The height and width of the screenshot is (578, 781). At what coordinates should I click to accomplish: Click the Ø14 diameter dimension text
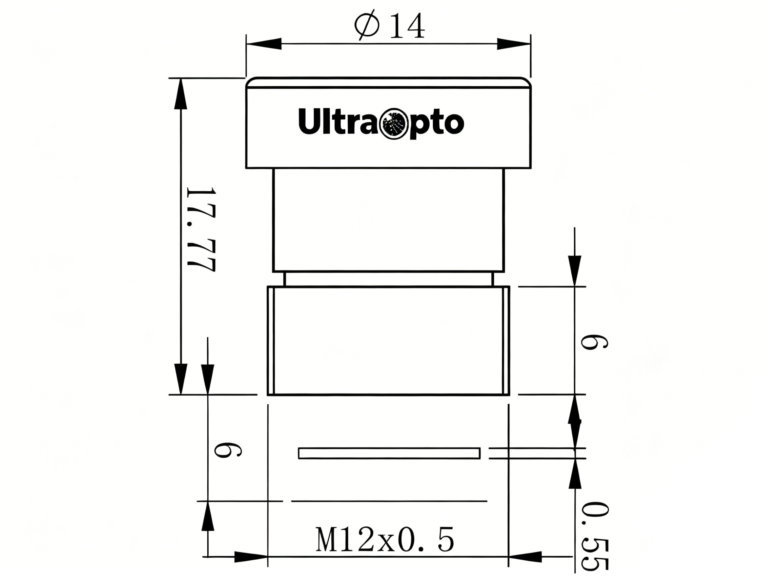tap(390, 26)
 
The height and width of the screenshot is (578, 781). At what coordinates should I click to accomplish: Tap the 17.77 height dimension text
tap(200, 229)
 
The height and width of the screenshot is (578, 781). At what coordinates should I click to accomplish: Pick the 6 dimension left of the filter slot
tap(227, 450)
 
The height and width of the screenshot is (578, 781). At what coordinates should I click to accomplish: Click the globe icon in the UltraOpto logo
tap(394, 123)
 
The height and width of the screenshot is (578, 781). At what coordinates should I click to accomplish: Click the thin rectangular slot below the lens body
tap(389, 453)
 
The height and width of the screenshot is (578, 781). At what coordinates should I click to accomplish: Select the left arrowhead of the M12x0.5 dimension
tap(250, 557)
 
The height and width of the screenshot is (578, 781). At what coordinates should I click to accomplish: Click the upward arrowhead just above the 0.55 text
tap(575, 478)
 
